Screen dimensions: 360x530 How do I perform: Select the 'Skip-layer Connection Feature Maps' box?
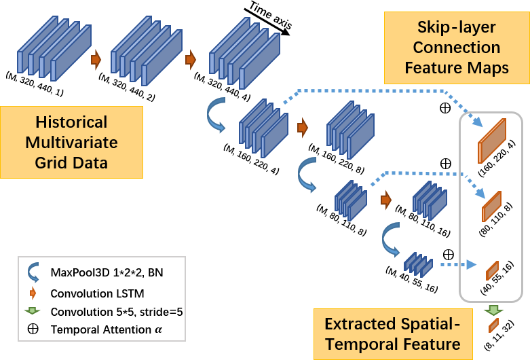click(x=456, y=48)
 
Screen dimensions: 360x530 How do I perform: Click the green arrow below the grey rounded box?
click(x=493, y=311)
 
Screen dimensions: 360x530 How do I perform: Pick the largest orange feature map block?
click(x=492, y=140)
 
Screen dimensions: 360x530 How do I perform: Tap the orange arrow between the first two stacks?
click(x=96, y=59)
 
